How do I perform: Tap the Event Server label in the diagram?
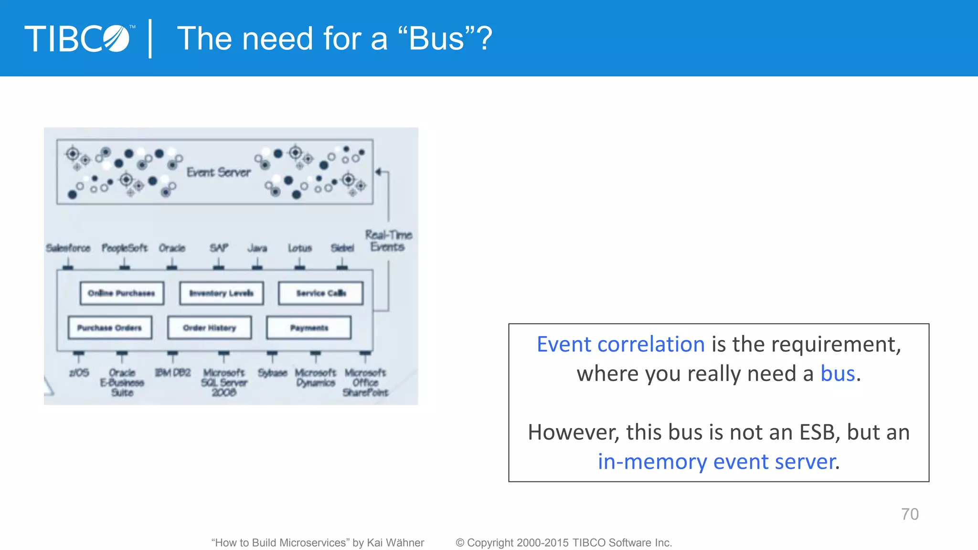click(218, 172)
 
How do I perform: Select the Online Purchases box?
click(122, 293)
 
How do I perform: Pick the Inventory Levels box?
click(222, 293)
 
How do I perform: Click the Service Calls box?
click(321, 293)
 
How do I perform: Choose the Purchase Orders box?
click(110, 328)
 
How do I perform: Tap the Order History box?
click(210, 328)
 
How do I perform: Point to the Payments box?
click(309, 328)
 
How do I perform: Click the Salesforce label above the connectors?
click(68, 248)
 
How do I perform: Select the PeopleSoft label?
click(125, 248)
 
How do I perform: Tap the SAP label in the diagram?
click(219, 248)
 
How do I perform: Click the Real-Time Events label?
click(388, 241)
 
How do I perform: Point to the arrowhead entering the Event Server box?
click(379, 172)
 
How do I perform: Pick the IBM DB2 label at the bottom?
click(173, 372)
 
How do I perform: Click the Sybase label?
click(272, 372)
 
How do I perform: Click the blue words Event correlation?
click(620, 344)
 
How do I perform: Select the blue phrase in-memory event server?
click(716, 462)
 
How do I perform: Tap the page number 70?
click(909, 514)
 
